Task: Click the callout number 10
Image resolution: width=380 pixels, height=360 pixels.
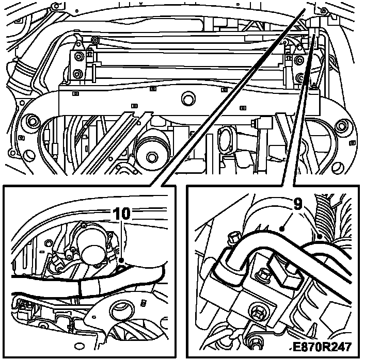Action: [x=122, y=214]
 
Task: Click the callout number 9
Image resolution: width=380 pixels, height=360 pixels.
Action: [x=298, y=204]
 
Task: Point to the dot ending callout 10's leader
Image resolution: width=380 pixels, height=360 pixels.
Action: [x=121, y=260]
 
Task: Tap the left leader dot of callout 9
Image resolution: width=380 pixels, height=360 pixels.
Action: [x=281, y=228]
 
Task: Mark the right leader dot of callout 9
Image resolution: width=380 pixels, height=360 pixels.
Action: [x=320, y=237]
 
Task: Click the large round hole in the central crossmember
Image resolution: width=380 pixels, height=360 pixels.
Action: [x=188, y=99]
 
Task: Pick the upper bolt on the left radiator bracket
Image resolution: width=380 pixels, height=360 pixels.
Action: [x=78, y=57]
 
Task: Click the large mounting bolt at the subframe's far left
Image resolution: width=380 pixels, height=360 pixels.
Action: [x=31, y=120]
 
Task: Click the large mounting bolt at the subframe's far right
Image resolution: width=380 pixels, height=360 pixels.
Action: [x=341, y=126]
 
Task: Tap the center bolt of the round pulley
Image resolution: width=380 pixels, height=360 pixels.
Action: [x=152, y=158]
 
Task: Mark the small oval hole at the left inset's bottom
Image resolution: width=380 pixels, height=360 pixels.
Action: [x=79, y=346]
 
